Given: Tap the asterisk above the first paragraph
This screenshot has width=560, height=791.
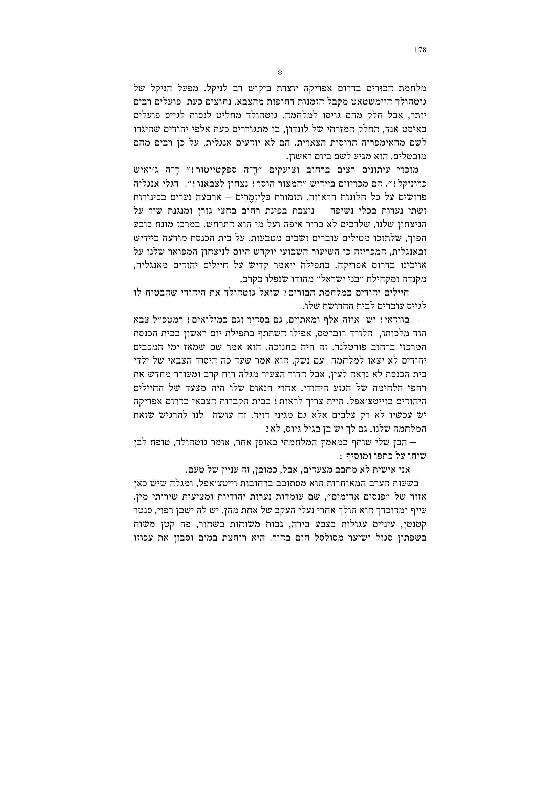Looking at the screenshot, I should pos(280,73).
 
